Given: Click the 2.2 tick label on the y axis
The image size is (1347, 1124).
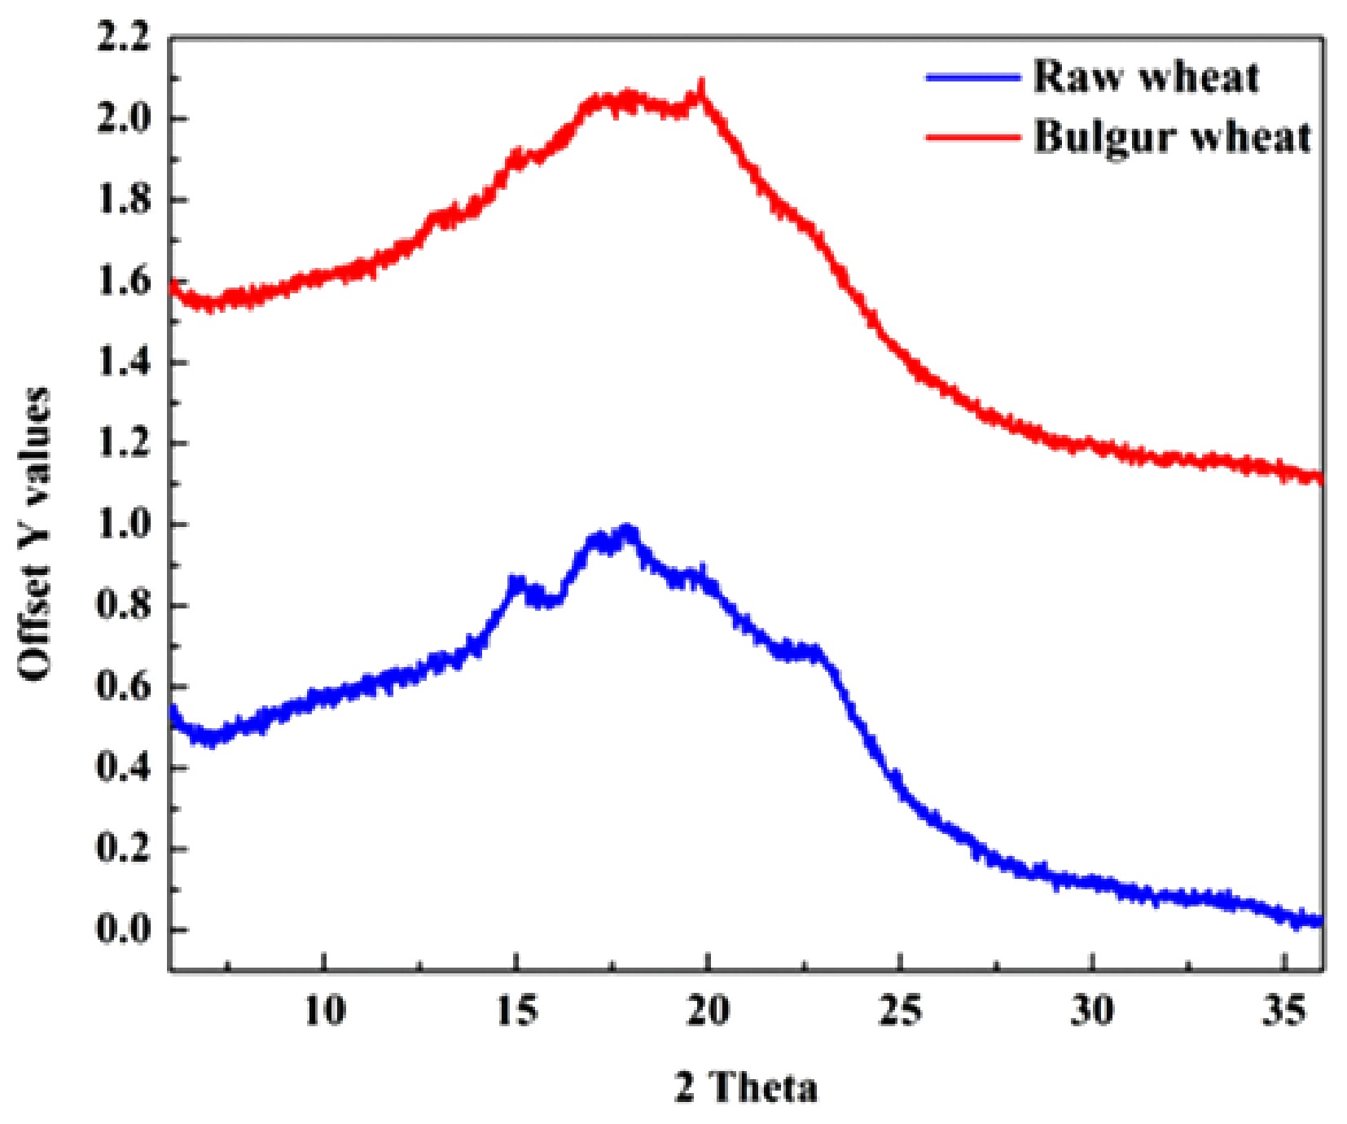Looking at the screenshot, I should pos(124,38).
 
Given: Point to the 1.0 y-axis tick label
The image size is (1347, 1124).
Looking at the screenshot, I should pos(124,525).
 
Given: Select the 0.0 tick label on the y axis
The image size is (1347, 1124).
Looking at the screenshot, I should pos(124,929).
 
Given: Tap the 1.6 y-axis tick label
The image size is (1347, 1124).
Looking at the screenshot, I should pos(124,282).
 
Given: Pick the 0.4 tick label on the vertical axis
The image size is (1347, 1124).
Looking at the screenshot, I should pos(124,767).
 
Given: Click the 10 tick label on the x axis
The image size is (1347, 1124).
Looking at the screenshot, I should pos(325,1011).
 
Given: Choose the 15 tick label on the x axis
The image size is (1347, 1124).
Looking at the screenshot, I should pos(516,1011).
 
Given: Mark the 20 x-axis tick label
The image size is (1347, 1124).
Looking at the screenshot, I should pos(709,1011).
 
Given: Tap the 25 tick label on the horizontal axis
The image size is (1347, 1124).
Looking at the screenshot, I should pos(900,1011).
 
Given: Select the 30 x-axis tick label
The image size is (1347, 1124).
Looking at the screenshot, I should pos(1091,1011).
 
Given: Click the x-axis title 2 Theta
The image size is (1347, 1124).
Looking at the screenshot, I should pos(745,1087).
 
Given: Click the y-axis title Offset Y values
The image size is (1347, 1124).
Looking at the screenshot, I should pos(34,533).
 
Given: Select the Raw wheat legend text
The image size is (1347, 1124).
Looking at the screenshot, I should pos(1146,77).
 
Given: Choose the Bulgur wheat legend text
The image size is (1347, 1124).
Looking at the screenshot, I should pos(1173,137).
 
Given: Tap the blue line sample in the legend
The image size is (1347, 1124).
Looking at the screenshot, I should pos(973,78).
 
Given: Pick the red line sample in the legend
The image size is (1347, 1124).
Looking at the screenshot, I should pos(973,137).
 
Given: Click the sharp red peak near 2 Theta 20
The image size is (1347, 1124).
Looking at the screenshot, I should pos(701,85).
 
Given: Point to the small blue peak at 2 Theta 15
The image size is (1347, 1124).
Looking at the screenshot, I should pos(516,580).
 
